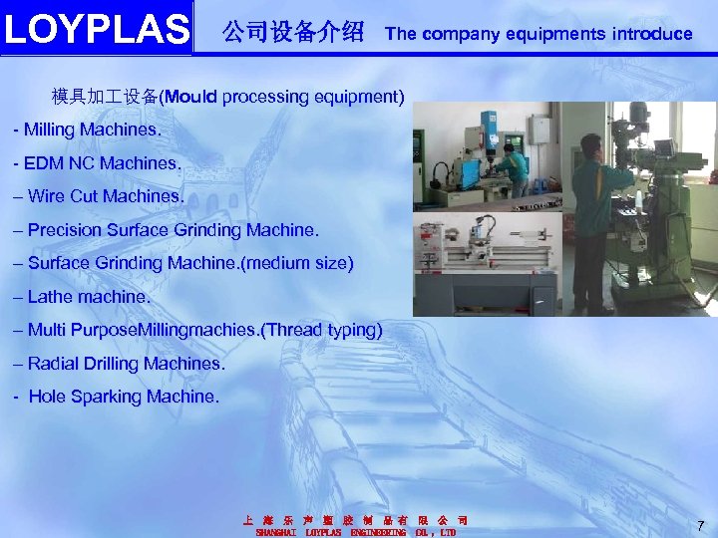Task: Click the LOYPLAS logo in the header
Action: click(x=96, y=29)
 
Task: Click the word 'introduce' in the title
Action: click(x=654, y=33)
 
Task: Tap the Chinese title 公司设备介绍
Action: click(x=293, y=32)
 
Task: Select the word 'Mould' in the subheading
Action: click(x=191, y=97)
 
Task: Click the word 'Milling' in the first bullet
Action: click(x=51, y=131)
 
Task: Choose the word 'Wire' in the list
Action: click(x=47, y=196)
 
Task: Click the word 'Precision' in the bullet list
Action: click(x=63, y=230)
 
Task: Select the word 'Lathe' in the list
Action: click(x=49, y=297)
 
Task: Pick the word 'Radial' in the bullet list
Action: click(x=54, y=364)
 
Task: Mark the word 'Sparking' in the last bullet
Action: click(x=110, y=397)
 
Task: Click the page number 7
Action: click(x=701, y=526)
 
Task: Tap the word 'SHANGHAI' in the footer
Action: click(x=276, y=533)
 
